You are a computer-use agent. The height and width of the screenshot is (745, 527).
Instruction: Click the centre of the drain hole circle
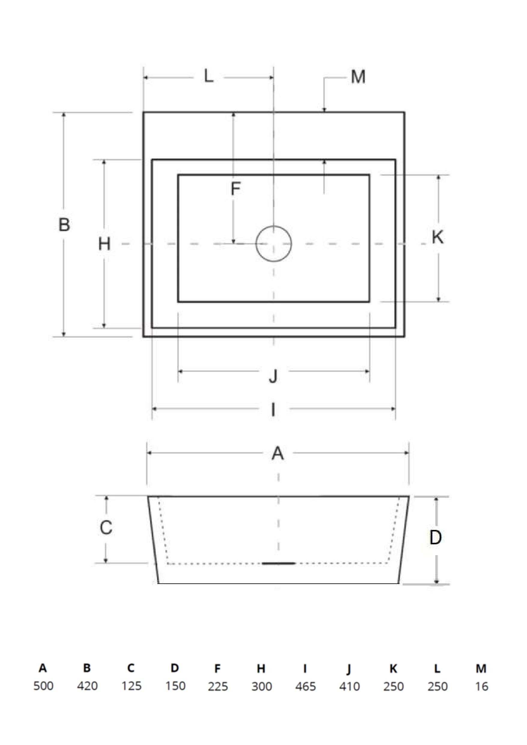[x=273, y=244]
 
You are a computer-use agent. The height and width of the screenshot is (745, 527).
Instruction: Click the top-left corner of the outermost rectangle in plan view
[x=143, y=112]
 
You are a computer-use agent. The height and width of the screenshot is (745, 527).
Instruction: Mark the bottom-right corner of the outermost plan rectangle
[x=404, y=337]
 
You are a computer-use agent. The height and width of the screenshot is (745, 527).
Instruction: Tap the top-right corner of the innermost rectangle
[x=369, y=175]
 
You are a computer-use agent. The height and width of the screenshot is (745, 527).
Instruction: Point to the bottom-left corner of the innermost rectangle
[x=178, y=302]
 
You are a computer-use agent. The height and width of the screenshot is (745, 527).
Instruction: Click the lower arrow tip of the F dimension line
[x=233, y=243]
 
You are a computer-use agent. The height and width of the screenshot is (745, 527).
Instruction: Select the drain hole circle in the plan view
[x=273, y=244]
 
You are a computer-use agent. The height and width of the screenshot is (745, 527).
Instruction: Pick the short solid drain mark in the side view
[x=279, y=563]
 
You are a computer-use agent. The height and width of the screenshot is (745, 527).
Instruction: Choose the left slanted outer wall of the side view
[x=153, y=540]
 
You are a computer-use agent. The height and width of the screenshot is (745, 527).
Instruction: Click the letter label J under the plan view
[x=273, y=376]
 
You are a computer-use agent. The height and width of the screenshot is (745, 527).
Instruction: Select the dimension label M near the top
[x=358, y=77]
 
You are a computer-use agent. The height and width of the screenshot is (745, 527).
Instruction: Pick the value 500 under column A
[x=44, y=686]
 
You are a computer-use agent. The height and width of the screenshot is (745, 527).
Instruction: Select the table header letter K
[x=393, y=668]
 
